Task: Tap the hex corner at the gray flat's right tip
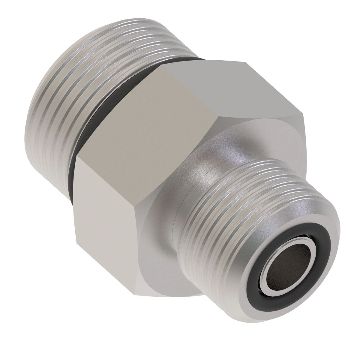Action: pos(303,114)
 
